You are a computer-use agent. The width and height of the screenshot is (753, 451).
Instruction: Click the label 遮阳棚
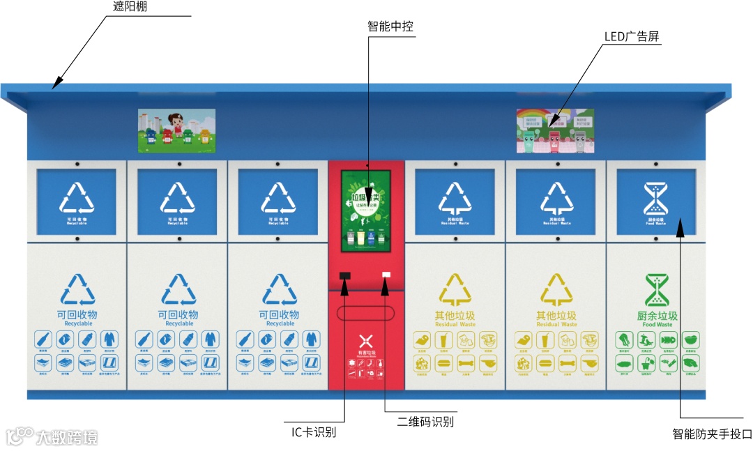click(x=130, y=8)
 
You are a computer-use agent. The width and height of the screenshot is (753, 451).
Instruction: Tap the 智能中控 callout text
click(x=391, y=26)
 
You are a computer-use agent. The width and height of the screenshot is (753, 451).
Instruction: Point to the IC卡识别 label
click(x=314, y=432)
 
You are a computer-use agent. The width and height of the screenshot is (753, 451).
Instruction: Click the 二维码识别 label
click(x=425, y=422)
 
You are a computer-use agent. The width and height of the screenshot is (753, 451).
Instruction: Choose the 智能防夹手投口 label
click(x=712, y=434)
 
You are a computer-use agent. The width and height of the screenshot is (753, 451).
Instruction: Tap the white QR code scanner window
click(x=386, y=275)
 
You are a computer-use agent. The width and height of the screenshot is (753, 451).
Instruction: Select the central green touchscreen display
click(x=366, y=210)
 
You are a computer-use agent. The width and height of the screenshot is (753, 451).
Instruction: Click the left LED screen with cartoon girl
click(x=176, y=130)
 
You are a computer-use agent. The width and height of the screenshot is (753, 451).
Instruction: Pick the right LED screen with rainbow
click(x=555, y=130)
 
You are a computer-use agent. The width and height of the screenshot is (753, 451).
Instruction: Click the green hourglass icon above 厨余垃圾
click(x=657, y=291)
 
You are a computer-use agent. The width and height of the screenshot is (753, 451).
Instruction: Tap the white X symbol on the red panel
click(x=367, y=341)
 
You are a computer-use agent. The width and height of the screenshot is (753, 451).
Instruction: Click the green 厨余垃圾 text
click(x=657, y=315)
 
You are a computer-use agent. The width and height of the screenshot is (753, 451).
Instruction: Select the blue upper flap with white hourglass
click(x=656, y=201)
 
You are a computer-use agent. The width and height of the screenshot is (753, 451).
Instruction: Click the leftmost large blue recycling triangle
click(x=78, y=291)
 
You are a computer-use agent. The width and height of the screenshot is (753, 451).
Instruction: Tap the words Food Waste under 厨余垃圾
click(x=657, y=325)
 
